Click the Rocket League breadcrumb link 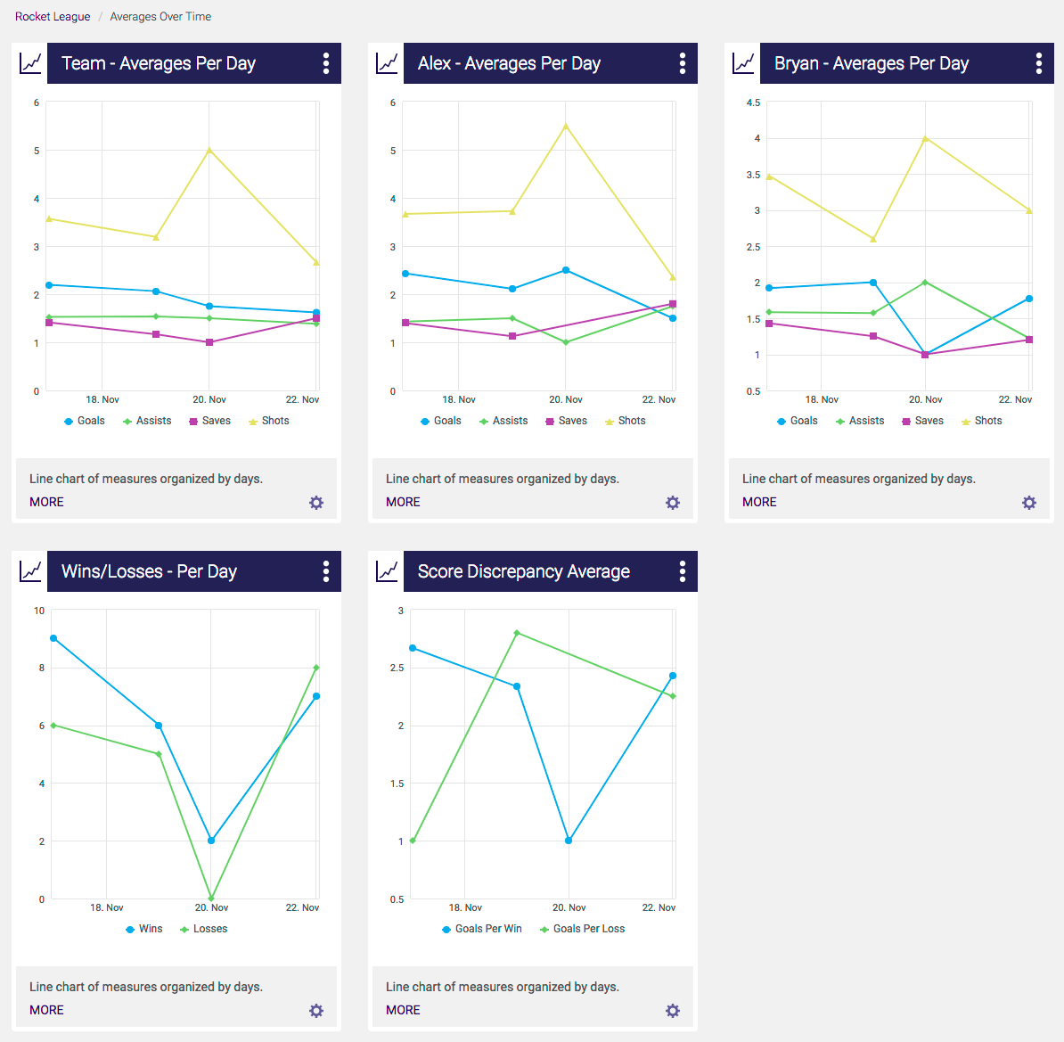[53, 16]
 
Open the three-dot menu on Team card [326, 63]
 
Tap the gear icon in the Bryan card [1029, 503]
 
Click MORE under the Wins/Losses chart [46, 1010]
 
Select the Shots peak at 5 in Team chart [209, 150]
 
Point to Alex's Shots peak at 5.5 [566, 126]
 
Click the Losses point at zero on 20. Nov [211, 898]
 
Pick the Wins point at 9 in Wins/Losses [53, 638]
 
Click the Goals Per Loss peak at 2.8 [517, 633]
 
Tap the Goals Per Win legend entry [481, 929]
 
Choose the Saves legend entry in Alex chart [566, 421]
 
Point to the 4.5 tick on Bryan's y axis [753, 103]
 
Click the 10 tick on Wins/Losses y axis [39, 611]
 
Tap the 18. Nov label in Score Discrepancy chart [465, 907]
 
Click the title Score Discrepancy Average [523, 571]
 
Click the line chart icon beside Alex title [387, 63]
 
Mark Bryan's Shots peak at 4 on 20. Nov [925, 138]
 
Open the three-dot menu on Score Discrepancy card [683, 571]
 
